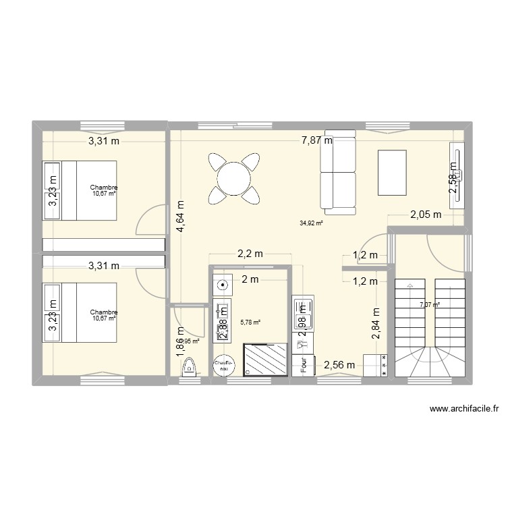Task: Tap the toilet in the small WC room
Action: (x=189, y=367)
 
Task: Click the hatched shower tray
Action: (x=265, y=358)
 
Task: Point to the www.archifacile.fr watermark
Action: (x=463, y=409)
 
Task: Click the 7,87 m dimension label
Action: (x=316, y=141)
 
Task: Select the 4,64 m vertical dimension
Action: (x=181, y=217)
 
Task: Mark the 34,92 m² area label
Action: (x=311, y=223)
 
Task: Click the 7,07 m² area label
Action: (x=429, y=305)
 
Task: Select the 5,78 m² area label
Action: (x=250, y=322)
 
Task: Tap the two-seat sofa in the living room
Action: (x=337, y=172)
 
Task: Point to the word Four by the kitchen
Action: (x=304, y=364)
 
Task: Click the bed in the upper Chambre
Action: (x=80, y=190)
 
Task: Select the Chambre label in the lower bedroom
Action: (x=104, y=312)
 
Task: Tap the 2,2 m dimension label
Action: (x=250, y=254)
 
